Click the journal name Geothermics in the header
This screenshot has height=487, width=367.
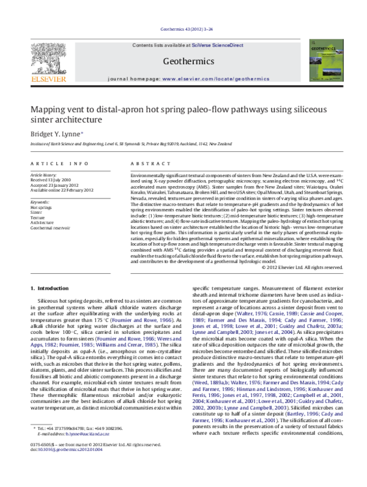188,61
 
